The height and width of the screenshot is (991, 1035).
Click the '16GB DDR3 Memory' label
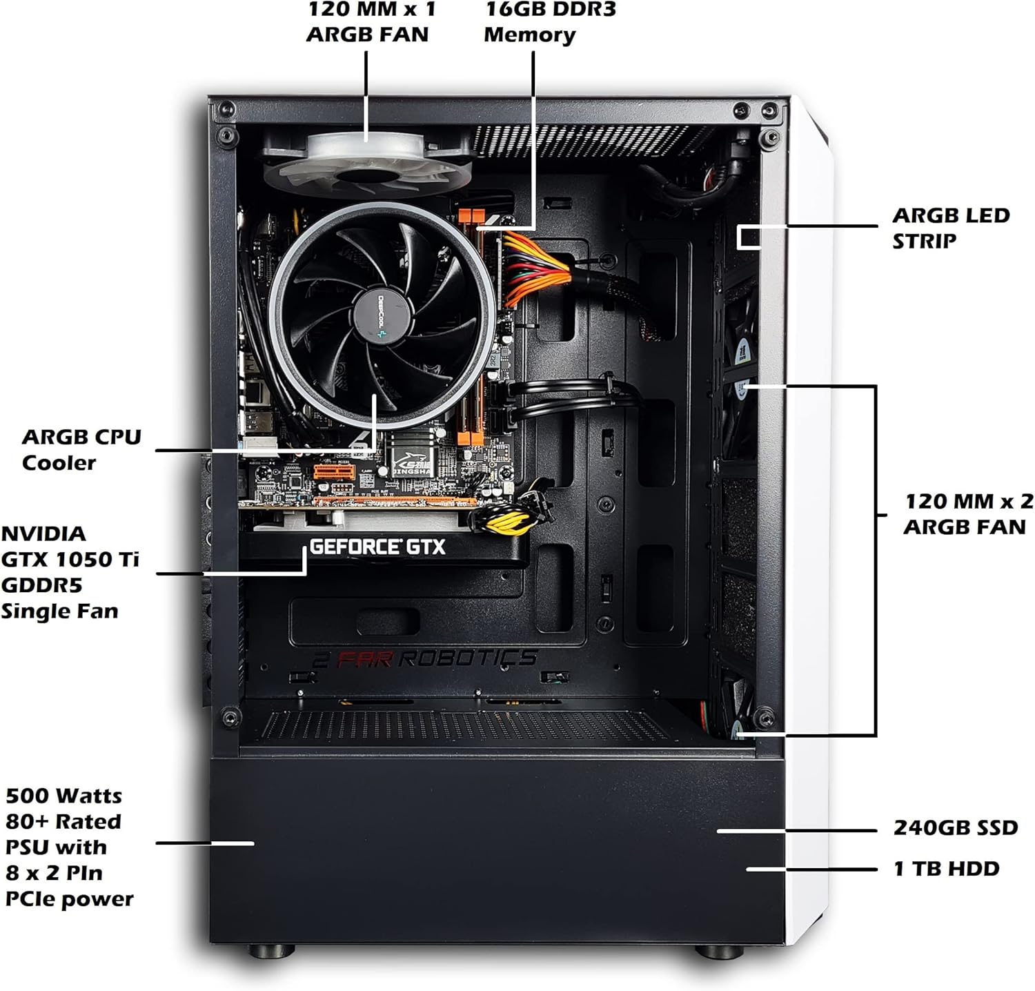[530, 22]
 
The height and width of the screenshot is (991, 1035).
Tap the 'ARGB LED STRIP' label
[951, 228]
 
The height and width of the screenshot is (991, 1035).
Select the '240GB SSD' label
[956, 827]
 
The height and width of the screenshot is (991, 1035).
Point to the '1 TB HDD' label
[947, 868]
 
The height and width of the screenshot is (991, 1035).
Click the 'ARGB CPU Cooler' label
[81, 449]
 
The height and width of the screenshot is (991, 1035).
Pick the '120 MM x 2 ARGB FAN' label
[968, 514]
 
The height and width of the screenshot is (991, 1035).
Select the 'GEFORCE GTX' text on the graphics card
[377, 547]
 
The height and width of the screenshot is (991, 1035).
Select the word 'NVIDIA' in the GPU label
[43, 533]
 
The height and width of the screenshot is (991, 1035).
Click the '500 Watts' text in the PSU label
[63, 796]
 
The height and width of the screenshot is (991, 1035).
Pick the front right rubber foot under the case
[719, 952]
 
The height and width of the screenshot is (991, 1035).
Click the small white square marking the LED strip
[749, 237]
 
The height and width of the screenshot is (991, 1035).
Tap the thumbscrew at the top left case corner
[226, 108]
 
